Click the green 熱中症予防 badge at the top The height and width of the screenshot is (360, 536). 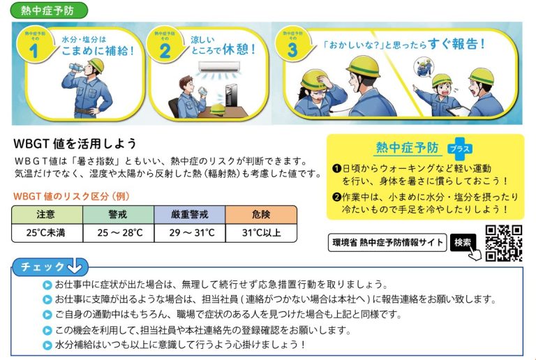click(49, 10)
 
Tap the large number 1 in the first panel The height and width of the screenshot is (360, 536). click(33, 51)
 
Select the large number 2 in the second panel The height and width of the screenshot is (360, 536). click(165, 51)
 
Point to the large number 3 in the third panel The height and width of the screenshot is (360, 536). click(293, 50)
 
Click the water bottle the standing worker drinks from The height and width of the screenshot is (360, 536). click(76, 67)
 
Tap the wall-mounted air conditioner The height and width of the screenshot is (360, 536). click(219, 66)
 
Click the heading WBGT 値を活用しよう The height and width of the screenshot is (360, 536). click(75, 144)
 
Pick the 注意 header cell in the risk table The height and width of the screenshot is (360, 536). click(47, 214)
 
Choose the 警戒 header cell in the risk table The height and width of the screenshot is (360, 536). click(118, 214)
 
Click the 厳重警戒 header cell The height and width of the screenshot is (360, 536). click(190, 214)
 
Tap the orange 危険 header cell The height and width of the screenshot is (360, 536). click(261, 214)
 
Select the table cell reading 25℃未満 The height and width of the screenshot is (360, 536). click(47, 233)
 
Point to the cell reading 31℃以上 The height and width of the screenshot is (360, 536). click(261, 233)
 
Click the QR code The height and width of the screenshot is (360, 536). click(504, 243)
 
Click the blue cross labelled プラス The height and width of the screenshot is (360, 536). click(460, 149)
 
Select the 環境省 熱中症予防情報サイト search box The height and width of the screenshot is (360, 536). click(387, 243)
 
